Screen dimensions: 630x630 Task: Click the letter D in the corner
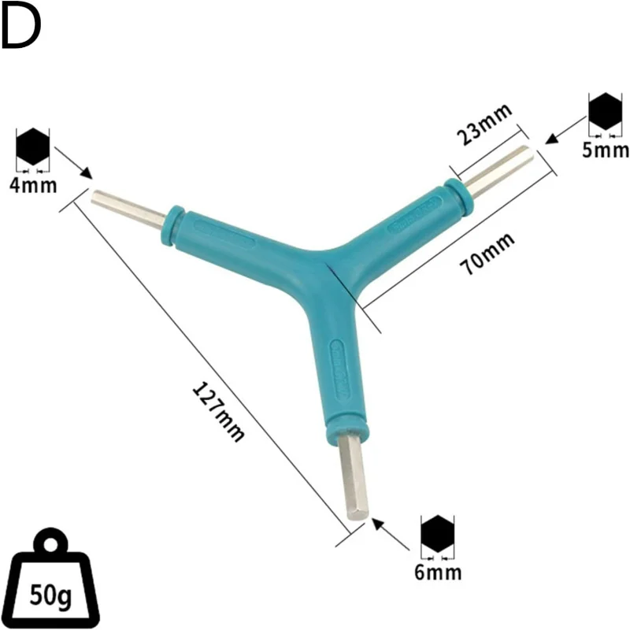20,28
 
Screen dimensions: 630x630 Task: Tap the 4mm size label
33,186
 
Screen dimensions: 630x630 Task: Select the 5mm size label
606,149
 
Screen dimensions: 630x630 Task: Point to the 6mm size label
438,572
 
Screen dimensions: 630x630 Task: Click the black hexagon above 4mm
33,147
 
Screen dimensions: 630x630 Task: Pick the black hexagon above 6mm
438,534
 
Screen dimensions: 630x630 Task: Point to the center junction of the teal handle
319,272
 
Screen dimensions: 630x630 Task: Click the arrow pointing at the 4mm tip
74,162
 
